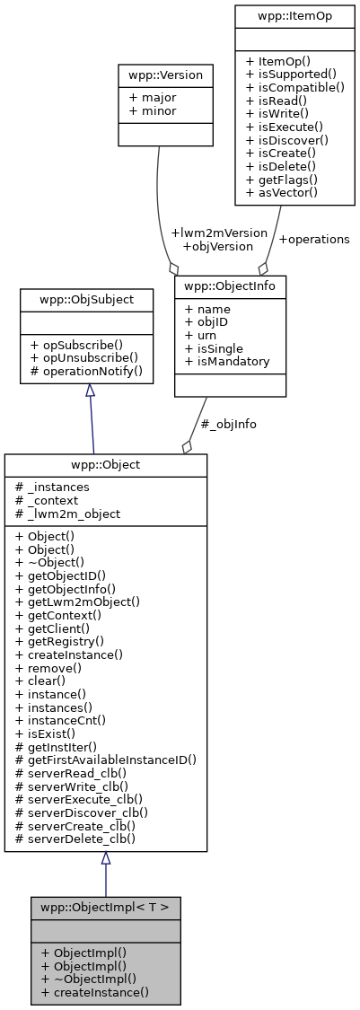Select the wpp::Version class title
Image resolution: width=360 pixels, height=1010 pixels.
click(x=165, y=75)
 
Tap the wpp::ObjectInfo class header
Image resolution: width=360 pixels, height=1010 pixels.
click(x=230, y=287)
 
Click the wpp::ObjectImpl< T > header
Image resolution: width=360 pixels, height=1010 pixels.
click(x=106, y=905)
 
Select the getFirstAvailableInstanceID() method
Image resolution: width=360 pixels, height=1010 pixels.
click(x=106, y=759)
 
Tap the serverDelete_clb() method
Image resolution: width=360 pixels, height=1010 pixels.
click(x=76, y=839)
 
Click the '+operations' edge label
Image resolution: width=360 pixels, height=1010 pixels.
click(x=313, y=240)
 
